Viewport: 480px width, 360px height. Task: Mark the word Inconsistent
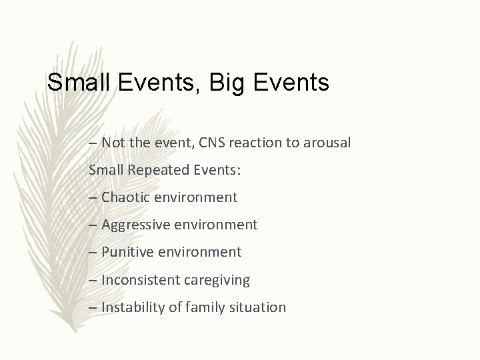(x=140, y=280)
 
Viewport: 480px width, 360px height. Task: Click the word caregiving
(x=216, y=280)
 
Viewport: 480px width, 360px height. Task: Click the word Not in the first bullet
(x=113, y=143)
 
